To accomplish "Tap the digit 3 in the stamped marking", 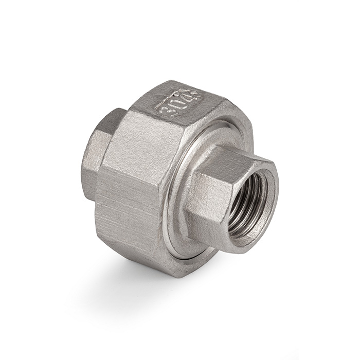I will (166, 110).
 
